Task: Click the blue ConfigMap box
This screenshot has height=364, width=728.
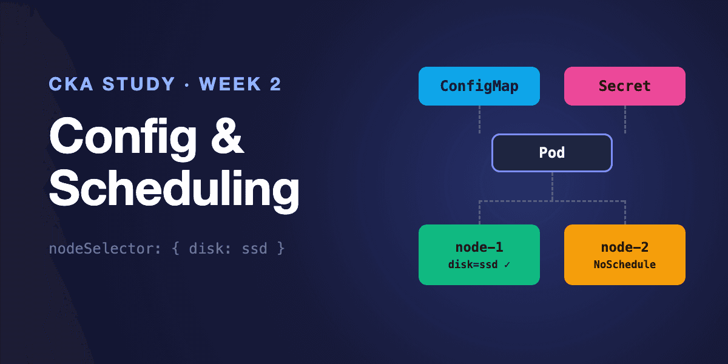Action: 479,86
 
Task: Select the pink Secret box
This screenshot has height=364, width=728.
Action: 625,86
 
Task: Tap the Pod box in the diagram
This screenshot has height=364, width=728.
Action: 552,153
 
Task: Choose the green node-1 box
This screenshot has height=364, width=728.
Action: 479,255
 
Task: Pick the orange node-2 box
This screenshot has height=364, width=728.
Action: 625,255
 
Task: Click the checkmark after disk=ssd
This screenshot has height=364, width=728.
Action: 507,265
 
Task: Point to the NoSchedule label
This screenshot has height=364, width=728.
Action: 625,265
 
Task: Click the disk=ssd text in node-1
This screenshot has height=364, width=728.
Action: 473,265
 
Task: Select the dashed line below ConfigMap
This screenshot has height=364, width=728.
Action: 479,120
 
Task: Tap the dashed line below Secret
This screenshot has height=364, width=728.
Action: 625,120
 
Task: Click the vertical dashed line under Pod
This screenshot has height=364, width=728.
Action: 552,187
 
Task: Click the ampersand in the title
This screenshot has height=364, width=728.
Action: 227,136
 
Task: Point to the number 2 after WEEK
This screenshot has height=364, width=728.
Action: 275,84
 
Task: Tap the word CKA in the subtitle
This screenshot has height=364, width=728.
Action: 71,84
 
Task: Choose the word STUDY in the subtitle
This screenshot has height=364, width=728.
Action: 139,84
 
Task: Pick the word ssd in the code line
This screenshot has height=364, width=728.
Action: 254,249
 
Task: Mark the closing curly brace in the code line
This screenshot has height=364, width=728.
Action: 281,249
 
